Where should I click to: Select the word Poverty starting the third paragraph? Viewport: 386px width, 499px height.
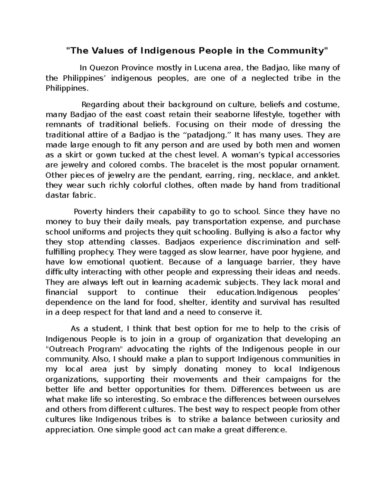pos(88,212)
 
